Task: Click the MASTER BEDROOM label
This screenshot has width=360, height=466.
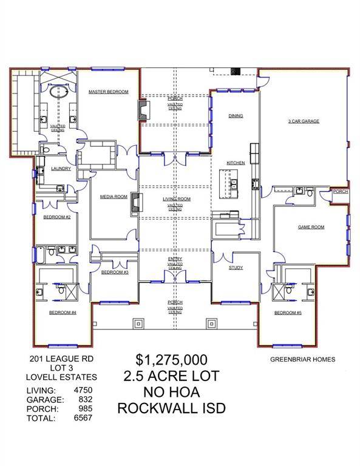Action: (108, 92)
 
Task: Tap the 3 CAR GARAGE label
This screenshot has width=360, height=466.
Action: (303, 121)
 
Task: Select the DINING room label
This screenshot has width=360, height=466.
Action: (236, 115)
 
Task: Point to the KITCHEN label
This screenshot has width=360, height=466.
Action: (236, 163)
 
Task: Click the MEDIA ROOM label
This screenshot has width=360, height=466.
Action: (114, 197)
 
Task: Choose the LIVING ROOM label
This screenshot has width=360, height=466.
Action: (176, 199)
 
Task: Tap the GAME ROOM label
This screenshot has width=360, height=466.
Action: (310, 227)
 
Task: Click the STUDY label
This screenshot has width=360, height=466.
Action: (236, 267)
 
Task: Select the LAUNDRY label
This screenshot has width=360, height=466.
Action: (61, 169)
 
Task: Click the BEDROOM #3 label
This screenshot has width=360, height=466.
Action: (114, 272)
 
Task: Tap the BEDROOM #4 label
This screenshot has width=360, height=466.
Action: (63, 312)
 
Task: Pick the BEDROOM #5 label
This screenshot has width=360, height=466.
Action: (285, 312)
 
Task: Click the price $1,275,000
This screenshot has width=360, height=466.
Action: (171, 360)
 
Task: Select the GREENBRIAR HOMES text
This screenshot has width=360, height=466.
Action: (302, 359)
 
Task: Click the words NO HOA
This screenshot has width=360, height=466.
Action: (171, 392)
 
